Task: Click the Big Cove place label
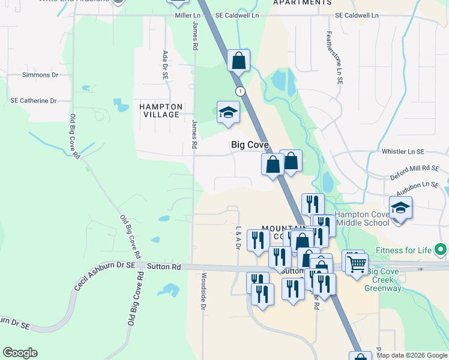(249, 145)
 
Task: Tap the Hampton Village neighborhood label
(160, 110)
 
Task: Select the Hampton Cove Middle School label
(364, 218)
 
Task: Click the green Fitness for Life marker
(441, 249)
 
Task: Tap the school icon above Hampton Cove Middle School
(400, 208)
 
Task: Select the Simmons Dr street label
(40, 75)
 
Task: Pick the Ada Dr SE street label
(165, 65)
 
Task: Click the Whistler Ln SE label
(403, 152)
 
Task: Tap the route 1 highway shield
(240, 91)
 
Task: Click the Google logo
(20, 353)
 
